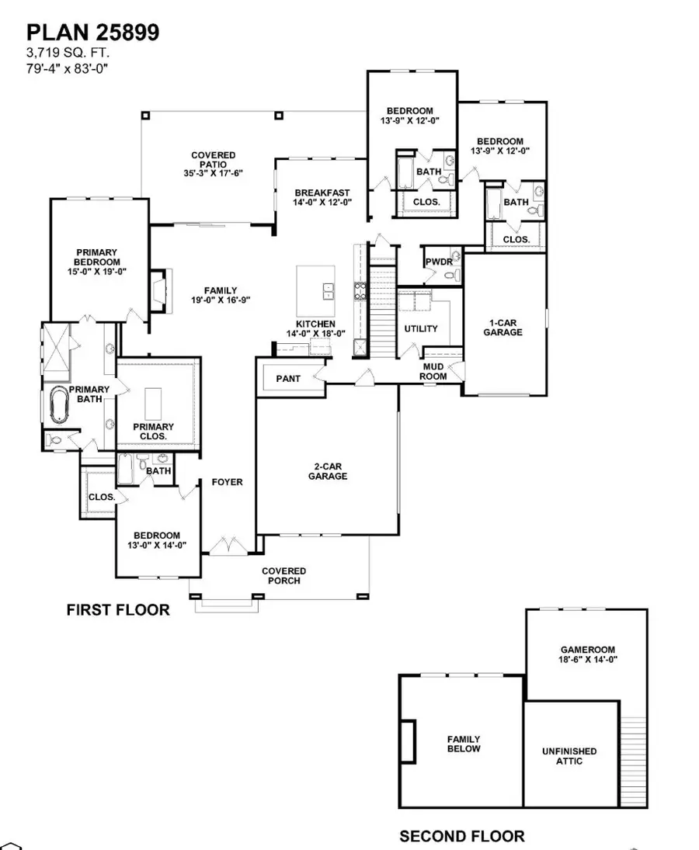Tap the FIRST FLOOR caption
[117, 610]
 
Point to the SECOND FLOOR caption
[461, 836]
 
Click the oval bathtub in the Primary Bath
[59, 404]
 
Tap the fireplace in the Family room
[158, 290]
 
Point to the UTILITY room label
[421, 328]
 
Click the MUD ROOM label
[434, 371]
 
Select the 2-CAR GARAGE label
[327, 471]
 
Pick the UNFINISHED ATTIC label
[569, 756]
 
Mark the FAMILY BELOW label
[463, 744]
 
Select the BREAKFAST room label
[322, 193]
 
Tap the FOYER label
[228, 482]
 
